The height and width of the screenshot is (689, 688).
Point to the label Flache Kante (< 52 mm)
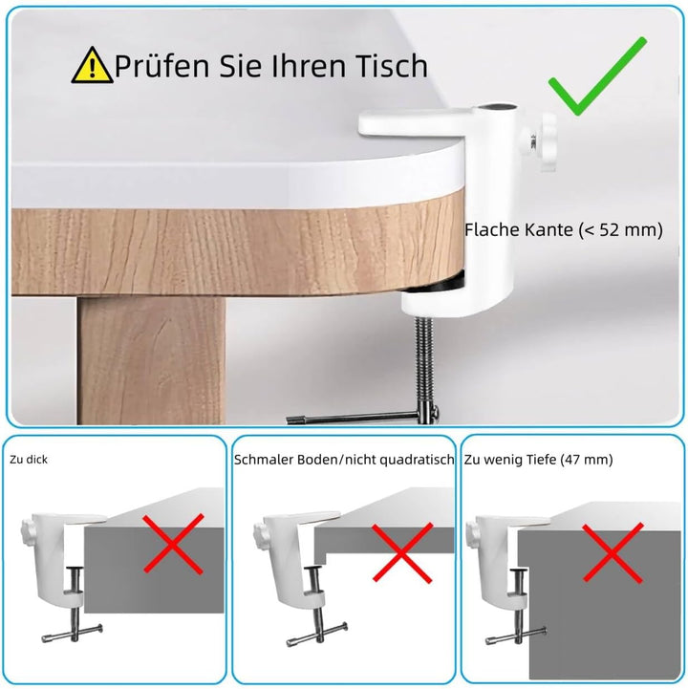563,230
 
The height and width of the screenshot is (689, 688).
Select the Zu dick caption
29,460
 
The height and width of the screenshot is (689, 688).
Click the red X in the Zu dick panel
172,546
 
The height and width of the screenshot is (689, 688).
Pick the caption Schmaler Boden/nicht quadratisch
343,460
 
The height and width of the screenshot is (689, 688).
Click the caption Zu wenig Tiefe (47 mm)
538,460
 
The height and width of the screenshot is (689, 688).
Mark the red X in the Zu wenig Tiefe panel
612,551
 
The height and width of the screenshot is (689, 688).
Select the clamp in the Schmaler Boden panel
287,564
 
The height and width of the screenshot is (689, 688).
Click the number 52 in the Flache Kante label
626,230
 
